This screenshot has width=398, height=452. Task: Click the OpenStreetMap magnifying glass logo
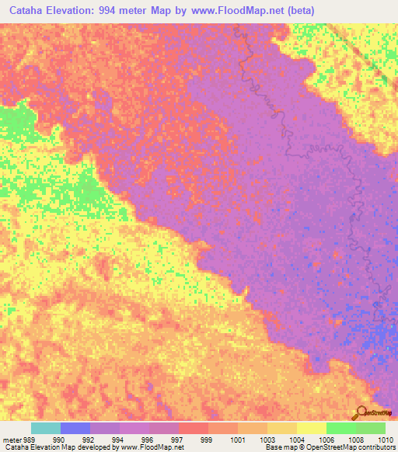tap(361, 412)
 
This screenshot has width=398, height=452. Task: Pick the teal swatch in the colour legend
tap(46, 428)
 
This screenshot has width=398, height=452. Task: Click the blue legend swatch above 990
tap(75, 428)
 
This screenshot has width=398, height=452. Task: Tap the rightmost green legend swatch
tap(371, 428)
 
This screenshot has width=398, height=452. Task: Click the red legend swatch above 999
tap(194, 428)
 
